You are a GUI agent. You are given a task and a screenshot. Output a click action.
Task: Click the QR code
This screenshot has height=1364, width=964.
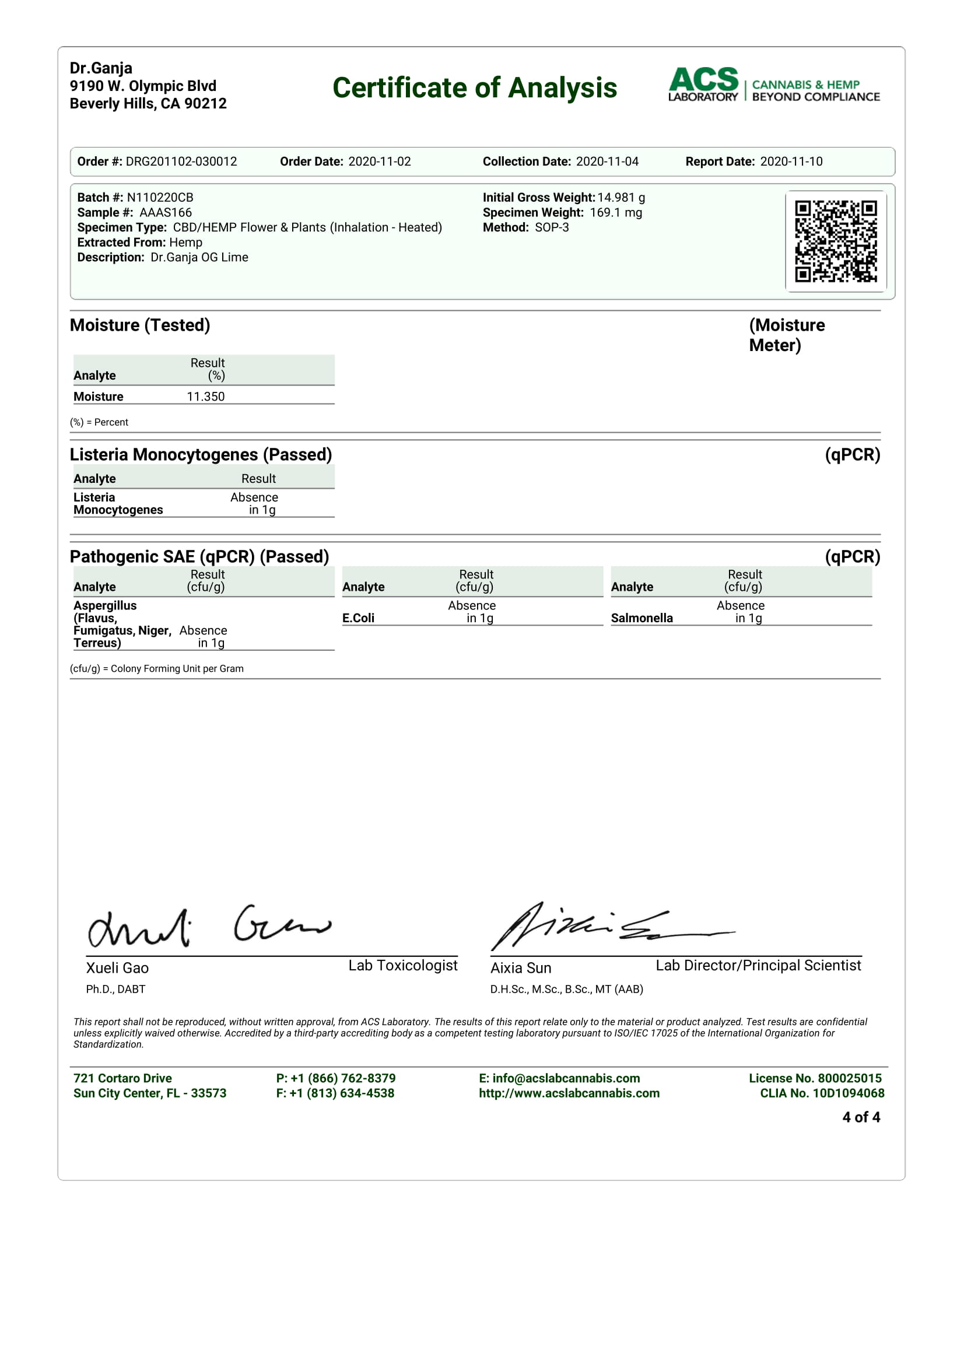836,241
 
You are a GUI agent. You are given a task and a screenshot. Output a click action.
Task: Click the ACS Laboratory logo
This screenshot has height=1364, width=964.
773,85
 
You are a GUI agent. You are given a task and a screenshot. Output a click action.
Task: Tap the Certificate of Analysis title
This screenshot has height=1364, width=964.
475,88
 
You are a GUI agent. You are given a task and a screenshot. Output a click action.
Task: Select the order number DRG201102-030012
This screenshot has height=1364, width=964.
181,162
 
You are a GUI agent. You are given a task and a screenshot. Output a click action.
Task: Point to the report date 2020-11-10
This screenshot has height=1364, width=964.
791,162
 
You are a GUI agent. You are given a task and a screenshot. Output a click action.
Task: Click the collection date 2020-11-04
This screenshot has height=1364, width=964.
607,162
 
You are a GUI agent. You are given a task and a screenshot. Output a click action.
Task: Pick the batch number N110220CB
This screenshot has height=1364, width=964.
160,197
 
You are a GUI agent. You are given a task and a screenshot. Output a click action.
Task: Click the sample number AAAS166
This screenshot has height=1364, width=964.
166,213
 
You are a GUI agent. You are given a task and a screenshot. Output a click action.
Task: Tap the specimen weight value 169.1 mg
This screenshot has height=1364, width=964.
616,213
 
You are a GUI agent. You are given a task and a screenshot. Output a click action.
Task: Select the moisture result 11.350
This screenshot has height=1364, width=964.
205,397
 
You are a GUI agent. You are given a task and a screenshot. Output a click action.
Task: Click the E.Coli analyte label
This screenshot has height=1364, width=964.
358,618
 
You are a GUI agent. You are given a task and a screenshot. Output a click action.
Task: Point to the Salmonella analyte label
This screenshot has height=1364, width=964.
642,618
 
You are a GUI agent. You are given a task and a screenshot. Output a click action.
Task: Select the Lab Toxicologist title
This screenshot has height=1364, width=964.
403,965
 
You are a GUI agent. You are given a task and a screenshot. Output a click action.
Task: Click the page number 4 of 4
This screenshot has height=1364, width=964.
861,1117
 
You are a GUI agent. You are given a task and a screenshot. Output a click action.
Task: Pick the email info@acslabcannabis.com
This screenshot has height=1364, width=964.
566,1078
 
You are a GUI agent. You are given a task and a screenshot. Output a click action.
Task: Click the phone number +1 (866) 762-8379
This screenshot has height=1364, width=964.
343,1078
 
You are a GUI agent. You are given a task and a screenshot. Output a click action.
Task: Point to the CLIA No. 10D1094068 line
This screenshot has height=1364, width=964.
822,1093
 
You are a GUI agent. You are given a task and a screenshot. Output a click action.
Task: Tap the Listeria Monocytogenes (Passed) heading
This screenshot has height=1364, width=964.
201,454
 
